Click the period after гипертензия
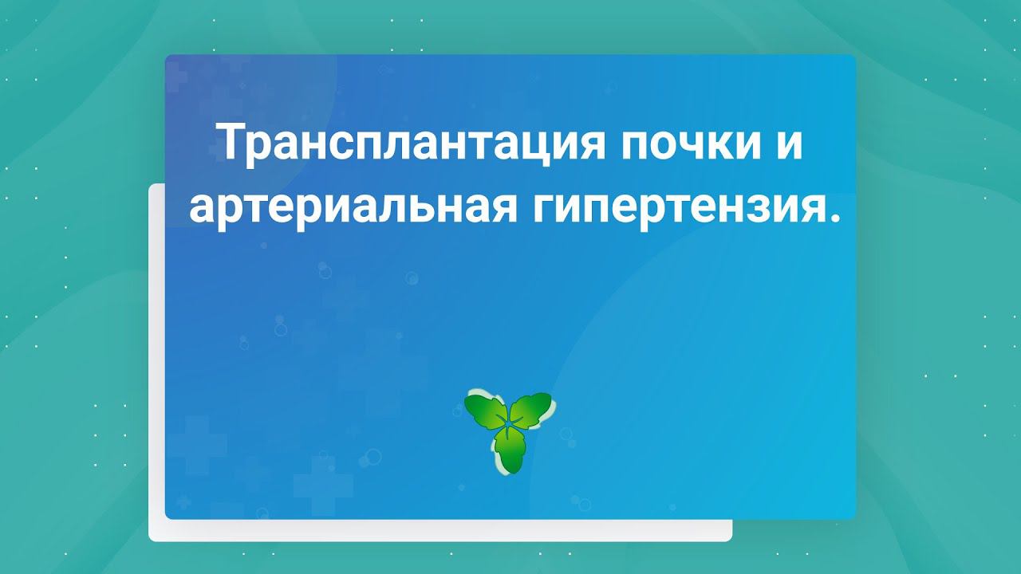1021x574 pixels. coord(834,218)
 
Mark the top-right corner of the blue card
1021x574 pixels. coord(854,57)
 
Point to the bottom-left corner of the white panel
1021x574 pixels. coord(151,540)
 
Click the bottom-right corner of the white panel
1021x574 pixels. coord(730,540)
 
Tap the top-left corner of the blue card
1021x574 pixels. coord(167,57)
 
